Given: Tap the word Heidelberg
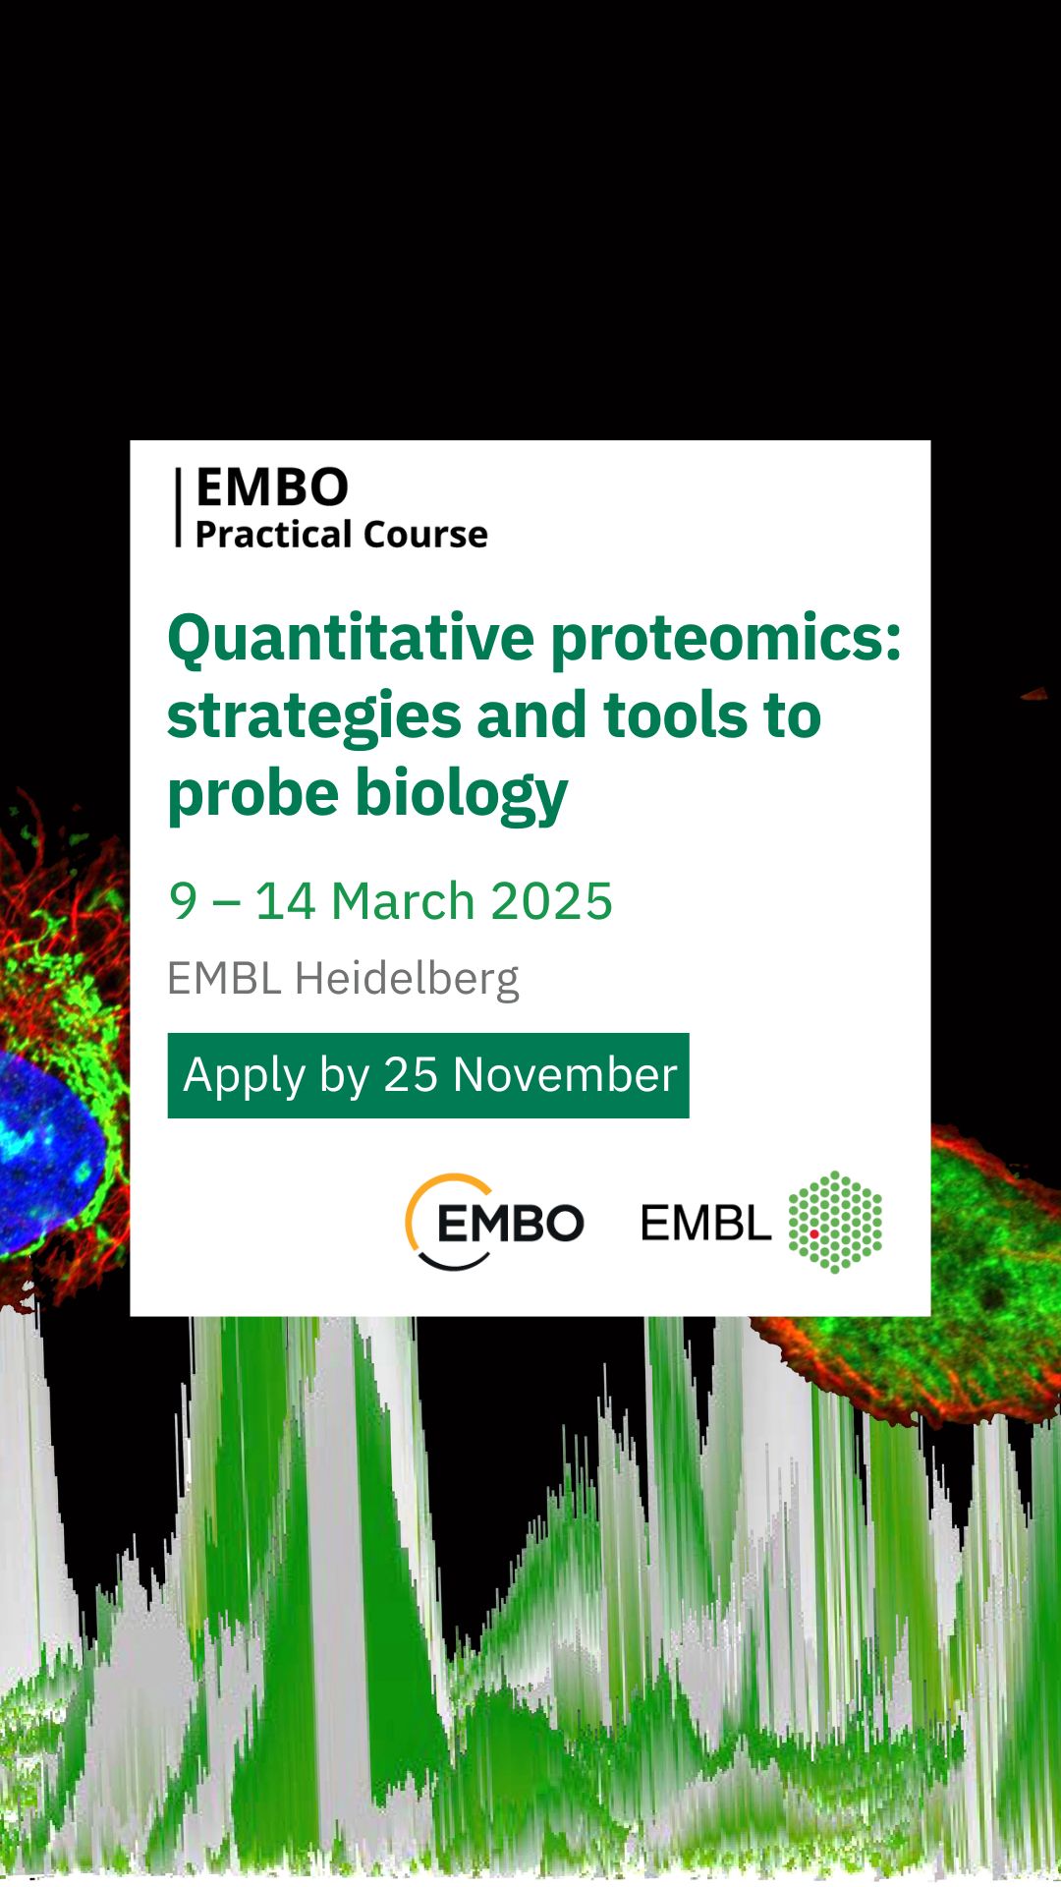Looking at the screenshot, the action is click(407, 980).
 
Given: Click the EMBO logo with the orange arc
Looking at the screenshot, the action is click(494, 1222).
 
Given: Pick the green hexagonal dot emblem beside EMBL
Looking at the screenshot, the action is click(835, 1222).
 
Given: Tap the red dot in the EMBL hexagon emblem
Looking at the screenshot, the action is click(814, 1233).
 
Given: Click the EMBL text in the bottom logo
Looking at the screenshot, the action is click(705, 1224).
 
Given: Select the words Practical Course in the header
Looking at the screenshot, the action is click(342, 535).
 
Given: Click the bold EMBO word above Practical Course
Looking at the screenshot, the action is click(272, 487).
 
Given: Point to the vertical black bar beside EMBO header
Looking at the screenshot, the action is click(179, 506).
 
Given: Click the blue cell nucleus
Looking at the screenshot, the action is click(44, 1150).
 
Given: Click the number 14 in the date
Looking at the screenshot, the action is click(285, 901).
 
